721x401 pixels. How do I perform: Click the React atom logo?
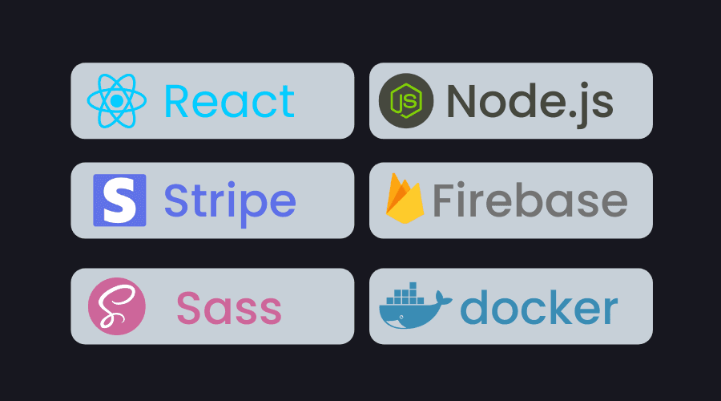[x=117, y=101]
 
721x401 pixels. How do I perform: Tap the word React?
[x=229, y=101]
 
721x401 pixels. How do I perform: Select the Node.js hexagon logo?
[x=405, y=101]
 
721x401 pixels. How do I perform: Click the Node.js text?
[x=530, y=101]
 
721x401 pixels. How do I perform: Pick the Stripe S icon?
[x=119, y=200]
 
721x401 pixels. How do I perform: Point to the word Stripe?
[x=230, y=200]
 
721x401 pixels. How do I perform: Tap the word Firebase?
[x=530, y=200]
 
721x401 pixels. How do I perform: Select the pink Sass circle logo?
[x=117, y=305]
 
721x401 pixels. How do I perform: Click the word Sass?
[x=229, y=308]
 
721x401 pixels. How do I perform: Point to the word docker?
[x=539, y=306]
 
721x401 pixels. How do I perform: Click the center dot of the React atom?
[x=117, y=101]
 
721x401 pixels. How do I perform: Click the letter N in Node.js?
[x=462, y=101]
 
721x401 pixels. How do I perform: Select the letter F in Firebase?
[x=443, y=200]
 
